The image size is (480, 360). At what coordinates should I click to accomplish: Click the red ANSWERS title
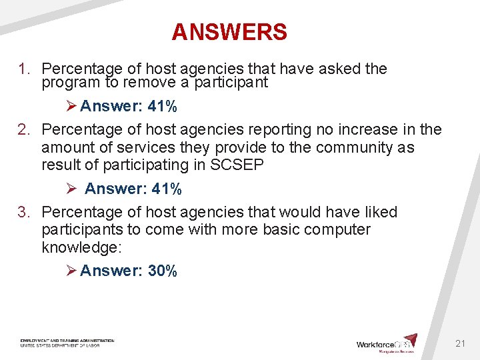(229, 32)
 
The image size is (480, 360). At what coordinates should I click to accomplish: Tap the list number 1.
(25, 69)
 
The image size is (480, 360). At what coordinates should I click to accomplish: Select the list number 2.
(25, 129)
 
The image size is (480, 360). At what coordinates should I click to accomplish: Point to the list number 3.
(25, 213)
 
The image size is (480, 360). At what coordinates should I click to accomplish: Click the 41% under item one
(163, 107)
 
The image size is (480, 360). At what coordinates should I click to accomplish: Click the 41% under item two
(167, 189)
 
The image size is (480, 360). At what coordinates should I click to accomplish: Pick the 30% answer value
(163, 271)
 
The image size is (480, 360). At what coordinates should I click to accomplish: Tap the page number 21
(460, 343)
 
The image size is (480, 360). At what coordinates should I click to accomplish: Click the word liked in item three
(379, 213)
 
